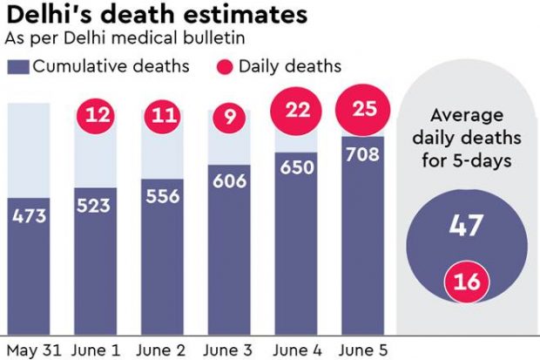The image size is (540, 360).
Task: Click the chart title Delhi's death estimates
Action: tap(156, 16)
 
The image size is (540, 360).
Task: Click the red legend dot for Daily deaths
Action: tap(222, 66)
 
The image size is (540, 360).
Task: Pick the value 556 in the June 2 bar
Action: tap(162, 196)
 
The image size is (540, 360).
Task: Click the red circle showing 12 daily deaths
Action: tap(97, 115)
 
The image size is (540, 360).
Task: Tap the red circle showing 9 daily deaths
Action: tap(229, 115)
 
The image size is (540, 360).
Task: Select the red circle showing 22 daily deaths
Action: tap(297, 112)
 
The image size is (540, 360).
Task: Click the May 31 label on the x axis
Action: tap(31, 348)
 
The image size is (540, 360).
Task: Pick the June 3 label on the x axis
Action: tap(229, 348)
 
